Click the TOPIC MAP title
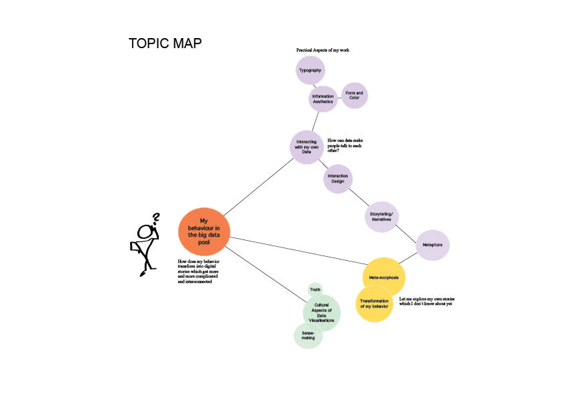(165, 44)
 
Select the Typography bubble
(310, 70)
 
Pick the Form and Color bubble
(354, 95)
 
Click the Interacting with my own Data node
(307, 146)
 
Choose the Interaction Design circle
(338, 179)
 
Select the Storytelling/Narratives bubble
(381, 217)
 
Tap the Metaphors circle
(432, 245)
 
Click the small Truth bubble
(315, 290)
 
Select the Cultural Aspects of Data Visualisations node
(322, 312)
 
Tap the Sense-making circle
(308, 335)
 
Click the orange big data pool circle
(204, 231)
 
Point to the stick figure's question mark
(157, 219)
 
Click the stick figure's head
(146, 232)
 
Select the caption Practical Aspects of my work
(324, 51)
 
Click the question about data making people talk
(349, 145)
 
